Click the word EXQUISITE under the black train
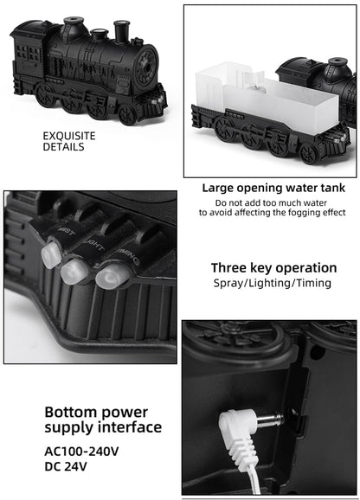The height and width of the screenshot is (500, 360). click(69, 136)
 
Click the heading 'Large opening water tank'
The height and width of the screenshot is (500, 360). click(273, 188)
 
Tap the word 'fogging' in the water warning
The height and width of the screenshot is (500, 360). click(303, 212)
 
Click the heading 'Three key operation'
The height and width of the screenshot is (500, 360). click(273, 267)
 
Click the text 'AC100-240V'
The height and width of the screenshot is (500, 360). click(82, 451)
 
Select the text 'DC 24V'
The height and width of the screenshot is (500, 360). click(66, 468)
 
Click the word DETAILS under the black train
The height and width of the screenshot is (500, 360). click(64, 147)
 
